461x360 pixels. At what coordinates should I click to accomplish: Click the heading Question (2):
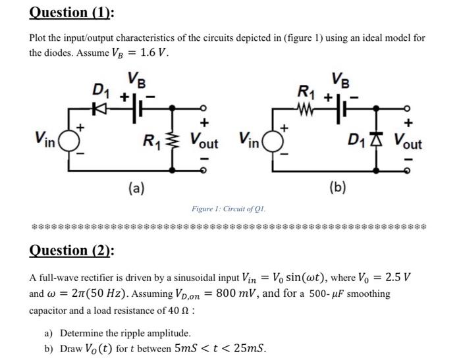point(72,250)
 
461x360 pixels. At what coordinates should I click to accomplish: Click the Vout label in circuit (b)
point(408,140)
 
